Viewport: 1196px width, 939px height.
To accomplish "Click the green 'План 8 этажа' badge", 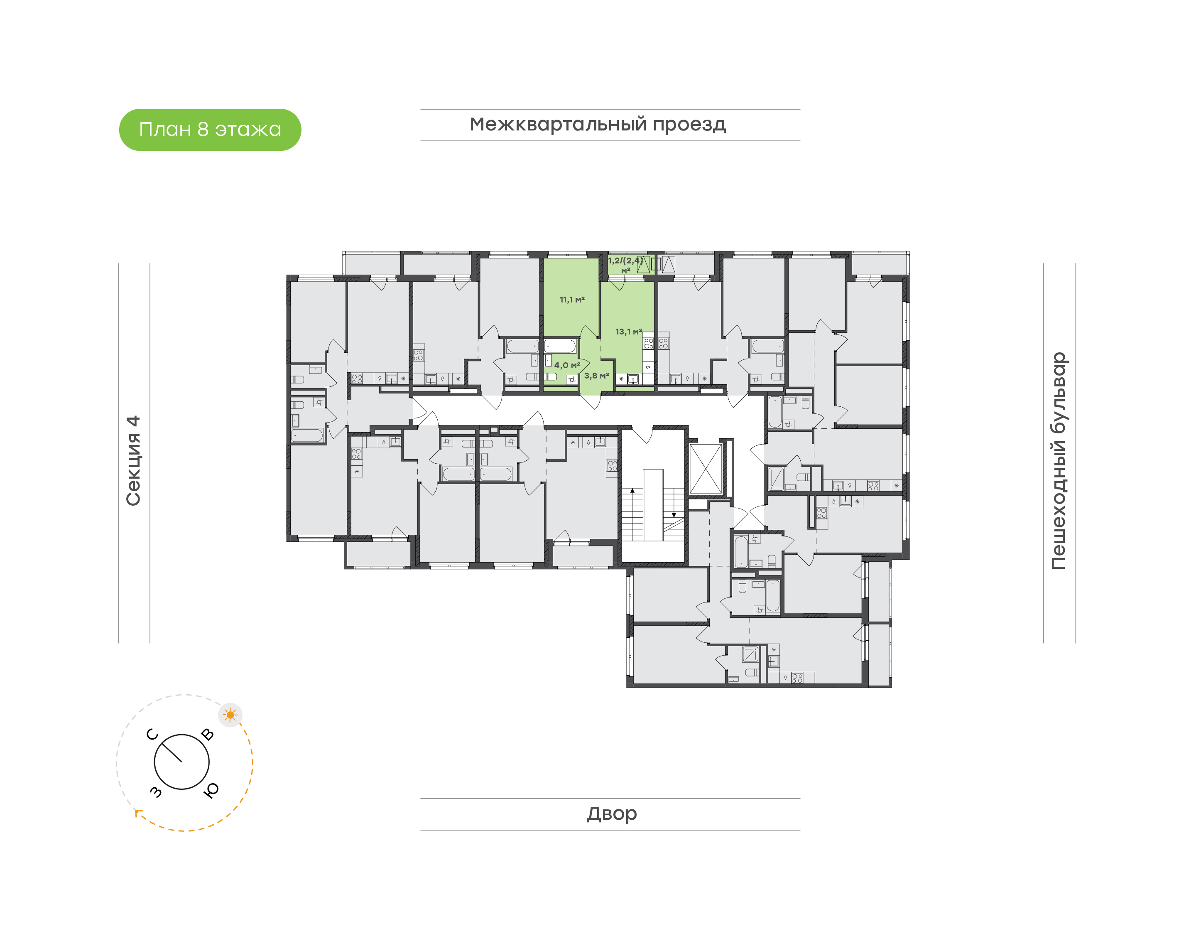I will pos(210,130).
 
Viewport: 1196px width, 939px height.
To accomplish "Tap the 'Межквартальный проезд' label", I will pos(597,124).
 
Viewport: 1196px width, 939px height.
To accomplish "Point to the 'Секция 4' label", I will pos(133,460).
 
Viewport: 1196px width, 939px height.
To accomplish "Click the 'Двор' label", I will pos(611,813).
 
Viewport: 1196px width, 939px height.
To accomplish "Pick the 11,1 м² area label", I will pos(572,300).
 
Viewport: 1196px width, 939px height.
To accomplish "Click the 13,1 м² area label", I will pos(628,332).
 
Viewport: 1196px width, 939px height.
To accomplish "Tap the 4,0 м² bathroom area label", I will pos(567,365).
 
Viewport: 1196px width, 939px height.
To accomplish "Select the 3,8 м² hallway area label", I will pos(596,376).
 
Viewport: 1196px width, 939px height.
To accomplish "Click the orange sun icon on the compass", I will pos(230,715).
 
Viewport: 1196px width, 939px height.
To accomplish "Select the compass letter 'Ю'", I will pos(211,790).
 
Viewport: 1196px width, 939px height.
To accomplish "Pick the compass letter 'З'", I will pos(156,792).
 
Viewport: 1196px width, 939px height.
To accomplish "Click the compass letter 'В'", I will pos(207,734).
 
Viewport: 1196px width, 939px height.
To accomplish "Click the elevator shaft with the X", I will pos(706,469).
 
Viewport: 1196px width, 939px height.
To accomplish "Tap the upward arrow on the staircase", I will pos(632,490).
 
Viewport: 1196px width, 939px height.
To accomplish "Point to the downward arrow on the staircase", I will pos(674,515).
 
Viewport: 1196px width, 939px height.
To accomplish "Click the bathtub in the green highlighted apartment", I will pos(560,346).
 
